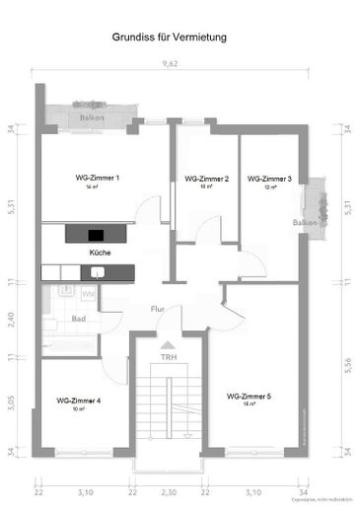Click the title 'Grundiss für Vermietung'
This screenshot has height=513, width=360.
pyautogui.click(x=170, y=37)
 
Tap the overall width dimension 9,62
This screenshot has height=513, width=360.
pyautogui.click(x=171, y=64)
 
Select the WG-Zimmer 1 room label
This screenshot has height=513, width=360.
pyautogui.click(x=98, y=178)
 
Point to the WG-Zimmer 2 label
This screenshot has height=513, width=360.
pyautogui.click(x=206, y=179)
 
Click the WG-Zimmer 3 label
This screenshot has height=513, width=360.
pyautogui.click(x=269, y=179)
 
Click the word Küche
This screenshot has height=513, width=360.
pyautogui.click(x=100, y=253)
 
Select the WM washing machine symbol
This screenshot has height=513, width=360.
pyautogui.click(x=88, y=293)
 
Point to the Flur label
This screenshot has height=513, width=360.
pyautogui.click(x=157, y=309)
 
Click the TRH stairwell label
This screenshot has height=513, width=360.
pyautogui.click(x=169, y=359)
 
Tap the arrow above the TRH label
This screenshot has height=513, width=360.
pyautogui.click(x=169, y=345)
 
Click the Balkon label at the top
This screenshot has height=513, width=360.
pyautogui.click(x=93, y=117)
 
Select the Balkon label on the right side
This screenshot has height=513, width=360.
pyautogui.click(x=304, y=223)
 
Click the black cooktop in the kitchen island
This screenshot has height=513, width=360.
pyautogui.click(x=96, y=235)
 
